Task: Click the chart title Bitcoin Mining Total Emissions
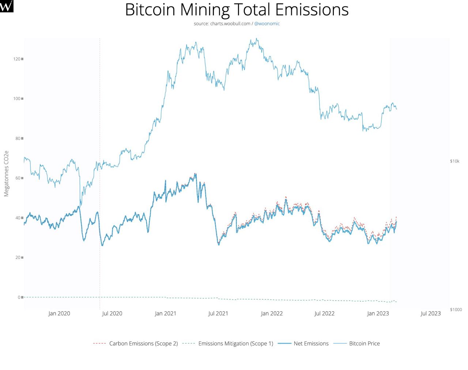237,10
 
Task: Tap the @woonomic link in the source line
267,23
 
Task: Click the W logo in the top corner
7,6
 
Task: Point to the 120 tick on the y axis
17,59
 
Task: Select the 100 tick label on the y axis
17,99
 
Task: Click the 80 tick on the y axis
18,138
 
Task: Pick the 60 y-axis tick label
18,178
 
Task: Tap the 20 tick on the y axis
18,258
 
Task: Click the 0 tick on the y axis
19,297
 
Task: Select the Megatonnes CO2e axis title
6,173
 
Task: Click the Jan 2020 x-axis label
59,314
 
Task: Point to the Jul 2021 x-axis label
218,314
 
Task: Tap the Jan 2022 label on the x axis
272,314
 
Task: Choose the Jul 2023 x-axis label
431,314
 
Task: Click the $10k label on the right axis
454,161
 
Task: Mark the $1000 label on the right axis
456,310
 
